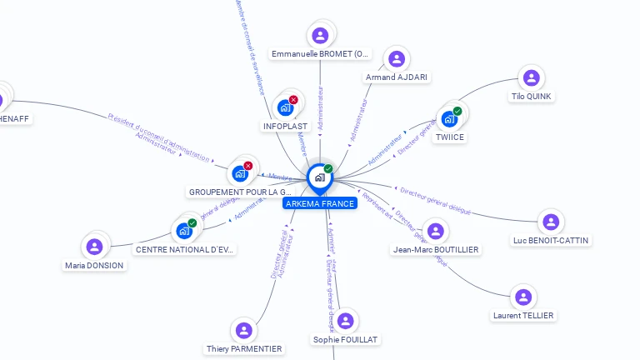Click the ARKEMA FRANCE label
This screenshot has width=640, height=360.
coord(320,203)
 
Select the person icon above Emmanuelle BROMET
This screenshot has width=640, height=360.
coord(320,36)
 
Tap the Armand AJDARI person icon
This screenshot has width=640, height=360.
coord(397,59)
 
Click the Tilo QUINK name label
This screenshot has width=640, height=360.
coord(531,96)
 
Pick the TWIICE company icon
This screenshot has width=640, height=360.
coord(449,118)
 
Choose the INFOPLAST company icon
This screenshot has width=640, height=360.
coord(285,107)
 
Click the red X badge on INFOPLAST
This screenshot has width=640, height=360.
coord(293,100)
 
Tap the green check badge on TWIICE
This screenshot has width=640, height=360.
coord(457,111)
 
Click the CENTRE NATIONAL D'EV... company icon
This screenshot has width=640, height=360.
coord(184,231)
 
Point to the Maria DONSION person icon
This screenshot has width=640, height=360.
coord(94,247)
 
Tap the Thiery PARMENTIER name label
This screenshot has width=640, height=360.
coord(243,348)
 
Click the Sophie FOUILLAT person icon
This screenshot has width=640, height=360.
coord(345,321)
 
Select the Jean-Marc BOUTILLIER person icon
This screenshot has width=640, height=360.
coord(435,231)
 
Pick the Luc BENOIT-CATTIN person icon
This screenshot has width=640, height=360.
coord(550,222)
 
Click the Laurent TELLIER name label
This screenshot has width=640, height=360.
coord(523,315)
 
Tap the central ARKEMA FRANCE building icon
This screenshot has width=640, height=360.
coord(319,177)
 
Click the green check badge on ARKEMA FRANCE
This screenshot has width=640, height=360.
coord(328,169)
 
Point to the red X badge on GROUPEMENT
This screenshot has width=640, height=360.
coord(248,166)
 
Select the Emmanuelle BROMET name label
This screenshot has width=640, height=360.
coord(321,54)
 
